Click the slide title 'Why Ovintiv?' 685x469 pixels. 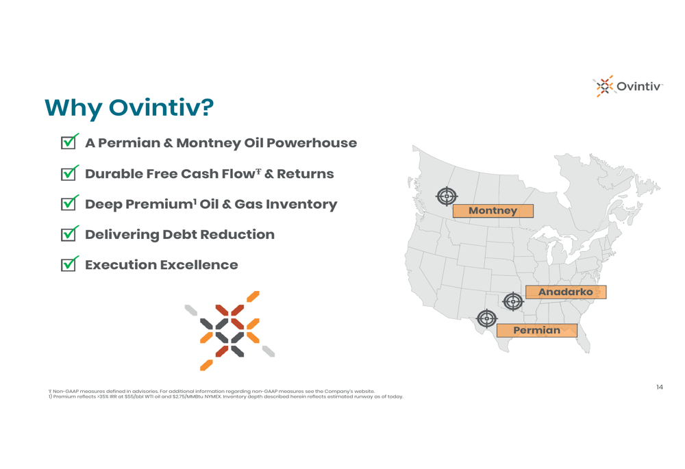click(x=129, y=108)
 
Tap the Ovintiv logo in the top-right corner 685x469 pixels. click(x=627, y=86)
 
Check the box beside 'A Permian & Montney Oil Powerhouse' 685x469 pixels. click(x=68, y=142)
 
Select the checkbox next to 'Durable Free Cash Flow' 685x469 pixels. click(x=68, y=173)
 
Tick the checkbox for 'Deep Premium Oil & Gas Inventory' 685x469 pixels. click(x=68, y=203)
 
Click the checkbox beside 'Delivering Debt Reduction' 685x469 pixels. click(x=68, y=234)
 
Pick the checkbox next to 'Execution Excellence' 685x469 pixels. click(x=68, y=264)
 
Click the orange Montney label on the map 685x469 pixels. click(x=493, y=210)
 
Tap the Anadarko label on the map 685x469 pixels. click(x=566, y=292)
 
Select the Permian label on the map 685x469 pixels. click(x=537, y=330)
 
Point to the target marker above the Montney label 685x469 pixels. click(x=447, y=197)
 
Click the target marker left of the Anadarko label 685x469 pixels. click(x=513, y=301)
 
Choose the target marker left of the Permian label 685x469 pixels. click(x=486, y=318)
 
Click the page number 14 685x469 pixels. click(x=659, y=387)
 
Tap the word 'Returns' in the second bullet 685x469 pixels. click(x=306, y=174)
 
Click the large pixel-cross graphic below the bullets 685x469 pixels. click(x=229, y=331)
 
